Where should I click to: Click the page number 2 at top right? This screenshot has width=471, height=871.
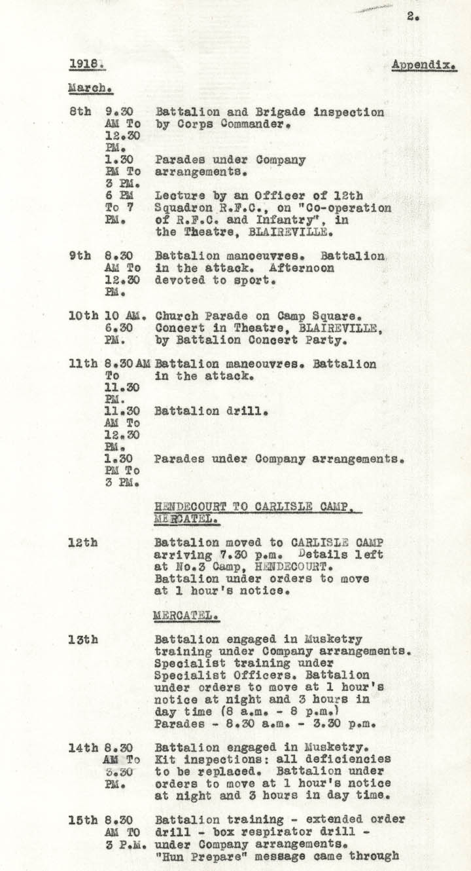tap(412, 16)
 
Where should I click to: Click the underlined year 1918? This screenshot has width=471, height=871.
tap(86, 65)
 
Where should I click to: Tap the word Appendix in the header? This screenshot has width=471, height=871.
tap(423, 65)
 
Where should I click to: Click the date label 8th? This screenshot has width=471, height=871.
tap(80, 112)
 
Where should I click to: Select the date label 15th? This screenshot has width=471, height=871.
tap(83, 820)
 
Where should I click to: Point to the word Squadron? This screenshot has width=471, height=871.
tap(183, 208)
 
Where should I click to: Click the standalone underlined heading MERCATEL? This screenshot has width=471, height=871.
tap(185, 616)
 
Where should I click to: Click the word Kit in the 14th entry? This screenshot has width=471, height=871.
tap(164, 759)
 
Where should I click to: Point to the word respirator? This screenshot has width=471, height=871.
tap(279, 832)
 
